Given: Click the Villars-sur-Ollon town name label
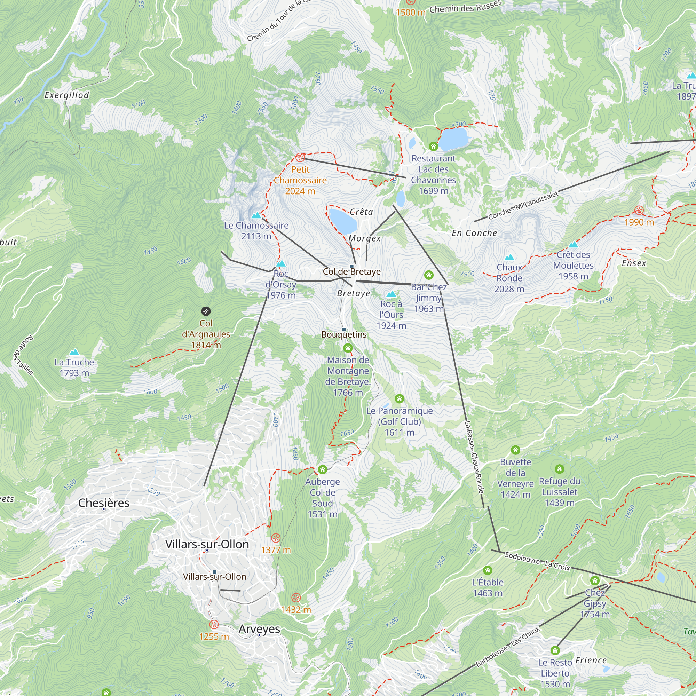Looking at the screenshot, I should [x=207, y=544].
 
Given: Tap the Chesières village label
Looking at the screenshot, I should [x=104, y=503].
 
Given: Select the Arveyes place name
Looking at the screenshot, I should [x=259, y=628].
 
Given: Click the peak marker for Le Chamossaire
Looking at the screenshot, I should [x=256, y=215].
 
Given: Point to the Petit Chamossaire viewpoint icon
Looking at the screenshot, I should [x=300, y=157].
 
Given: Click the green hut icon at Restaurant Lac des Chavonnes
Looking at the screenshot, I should [x=433, y=146].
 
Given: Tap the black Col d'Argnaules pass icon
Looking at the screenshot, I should [x=206, y=311].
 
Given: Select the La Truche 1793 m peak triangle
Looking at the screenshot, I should [x=74, y=352].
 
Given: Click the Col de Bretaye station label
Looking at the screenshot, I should [x=351, y=272].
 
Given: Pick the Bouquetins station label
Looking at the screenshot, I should [x=344, y=334].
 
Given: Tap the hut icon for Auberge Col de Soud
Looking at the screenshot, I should [x=323, y=470].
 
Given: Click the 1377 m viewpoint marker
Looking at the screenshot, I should [x=276, y=538].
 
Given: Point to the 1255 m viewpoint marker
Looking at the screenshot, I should [x=214, y=625].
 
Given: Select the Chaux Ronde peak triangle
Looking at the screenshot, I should [x=509, y=257].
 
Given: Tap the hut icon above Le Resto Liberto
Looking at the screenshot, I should [x=555, y=650].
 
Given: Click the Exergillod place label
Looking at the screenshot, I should [x=67, y=95].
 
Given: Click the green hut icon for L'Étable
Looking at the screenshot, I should [x=488, y=570].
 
